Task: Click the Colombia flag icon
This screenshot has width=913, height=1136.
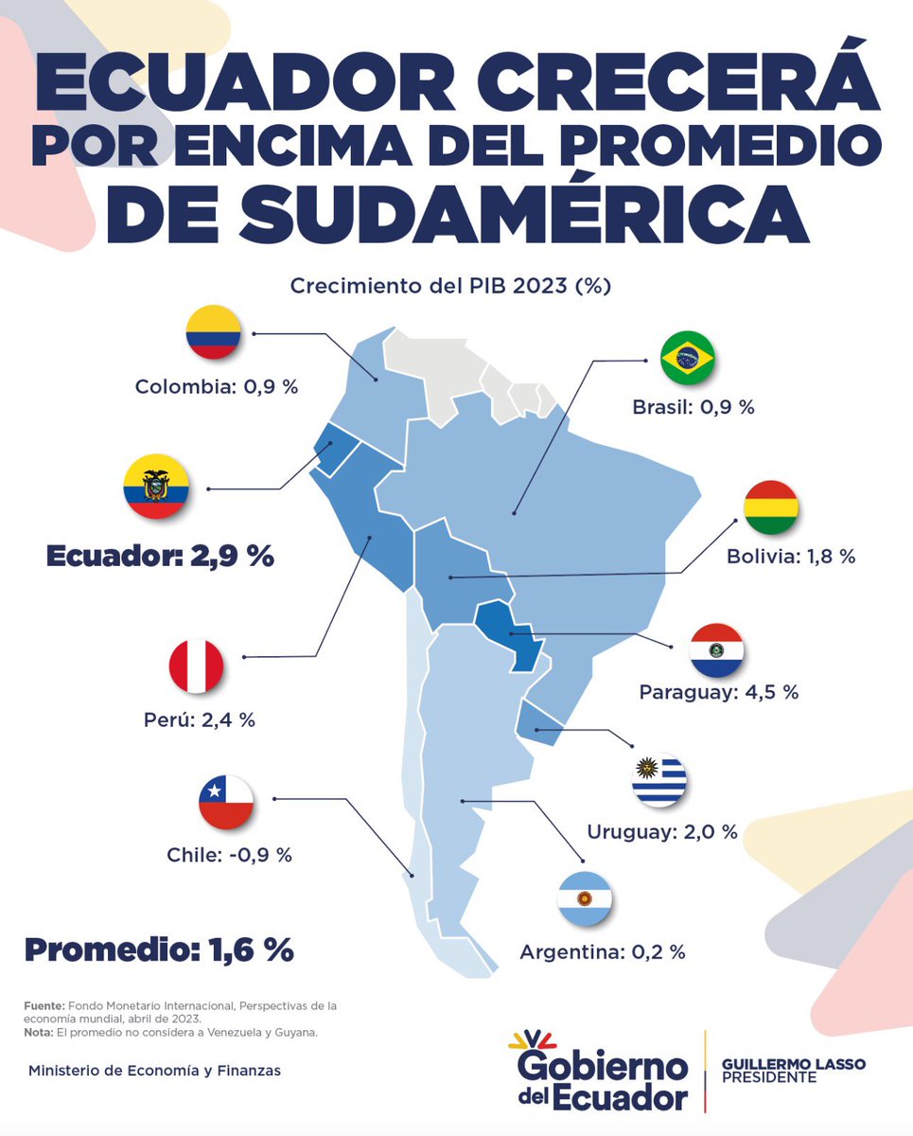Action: (x=213, y=331)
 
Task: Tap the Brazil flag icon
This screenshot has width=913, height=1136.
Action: (x=687, y=358)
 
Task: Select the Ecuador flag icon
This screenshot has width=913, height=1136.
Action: (x=156, y=487)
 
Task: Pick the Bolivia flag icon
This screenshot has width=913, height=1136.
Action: (x=771, y=507)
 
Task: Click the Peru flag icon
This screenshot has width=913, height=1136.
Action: (x=197, y=666)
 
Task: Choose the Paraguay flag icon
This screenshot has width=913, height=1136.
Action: (x=716, y=649)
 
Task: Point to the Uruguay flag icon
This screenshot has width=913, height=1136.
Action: (x=659, y=780)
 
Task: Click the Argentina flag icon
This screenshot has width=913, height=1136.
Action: (x=585, y=898)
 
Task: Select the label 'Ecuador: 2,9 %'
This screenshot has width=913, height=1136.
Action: (x=161, y=556)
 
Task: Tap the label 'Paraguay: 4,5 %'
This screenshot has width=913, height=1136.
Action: (x=719, y=693)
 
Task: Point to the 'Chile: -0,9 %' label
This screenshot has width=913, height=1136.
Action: (x=230, y=855)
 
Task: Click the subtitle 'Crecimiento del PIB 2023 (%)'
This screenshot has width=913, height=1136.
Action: (x=450, y=286)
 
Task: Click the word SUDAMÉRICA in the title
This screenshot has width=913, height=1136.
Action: (x=524, y=213)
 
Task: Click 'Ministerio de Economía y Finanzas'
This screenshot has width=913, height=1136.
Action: (x=154, y=1071)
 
